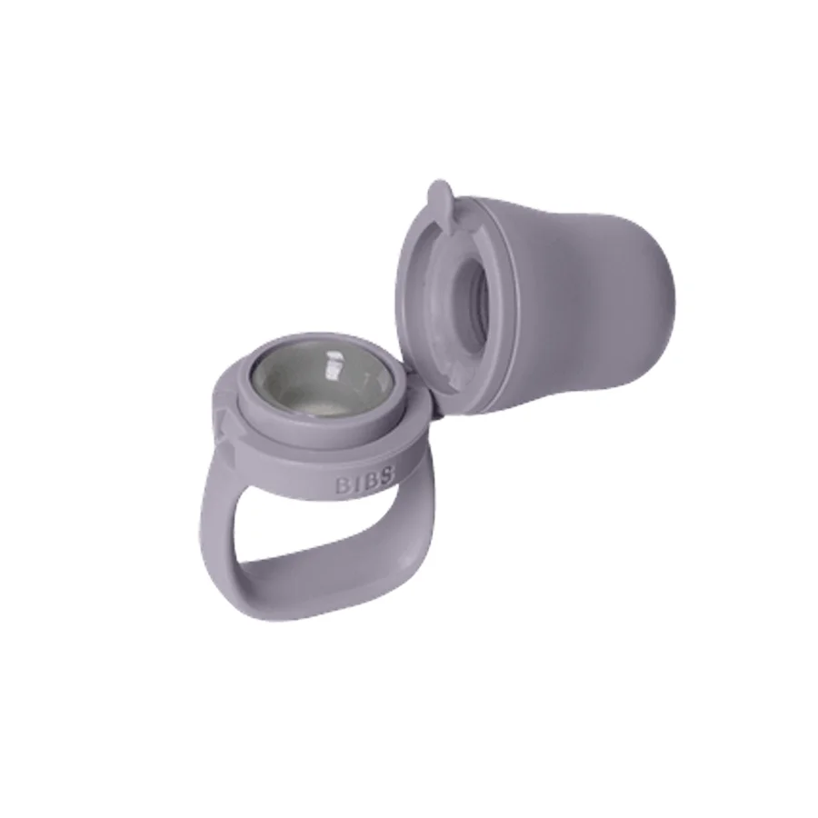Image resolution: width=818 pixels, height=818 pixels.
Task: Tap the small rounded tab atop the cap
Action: (438, 195)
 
